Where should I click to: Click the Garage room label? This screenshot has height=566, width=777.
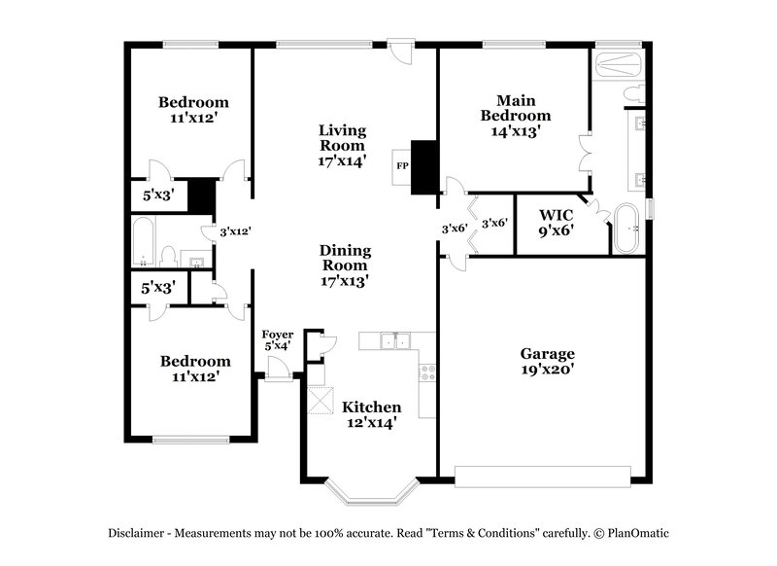(547, 354)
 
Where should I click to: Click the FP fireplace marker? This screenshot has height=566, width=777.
(402, 165)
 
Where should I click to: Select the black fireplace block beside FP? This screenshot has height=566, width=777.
(424, 168)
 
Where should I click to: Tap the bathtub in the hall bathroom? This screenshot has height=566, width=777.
(143, 241)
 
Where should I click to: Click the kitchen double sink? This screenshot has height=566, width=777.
(396, 340)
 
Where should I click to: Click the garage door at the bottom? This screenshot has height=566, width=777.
(544, 477)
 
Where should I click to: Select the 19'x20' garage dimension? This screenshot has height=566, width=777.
(547, 371)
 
